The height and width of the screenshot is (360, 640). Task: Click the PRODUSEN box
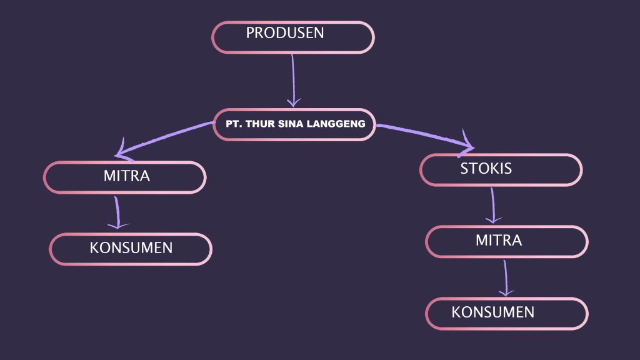292,37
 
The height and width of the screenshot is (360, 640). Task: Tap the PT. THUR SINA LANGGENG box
294,124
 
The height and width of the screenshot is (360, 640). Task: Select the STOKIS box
500,170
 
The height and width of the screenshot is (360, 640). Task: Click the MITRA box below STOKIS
506,241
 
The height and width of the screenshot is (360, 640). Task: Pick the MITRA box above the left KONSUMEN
124,177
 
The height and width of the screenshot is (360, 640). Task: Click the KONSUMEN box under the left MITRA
130,249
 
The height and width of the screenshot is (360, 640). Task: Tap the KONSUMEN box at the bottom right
506,313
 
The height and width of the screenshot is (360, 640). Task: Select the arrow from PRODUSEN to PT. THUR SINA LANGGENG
292,78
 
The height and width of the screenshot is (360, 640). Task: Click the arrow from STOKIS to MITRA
493,203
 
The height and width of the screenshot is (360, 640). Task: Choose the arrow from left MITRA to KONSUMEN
117,211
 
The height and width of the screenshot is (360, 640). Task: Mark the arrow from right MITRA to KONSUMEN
505,276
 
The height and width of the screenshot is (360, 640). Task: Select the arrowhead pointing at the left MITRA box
122,150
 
